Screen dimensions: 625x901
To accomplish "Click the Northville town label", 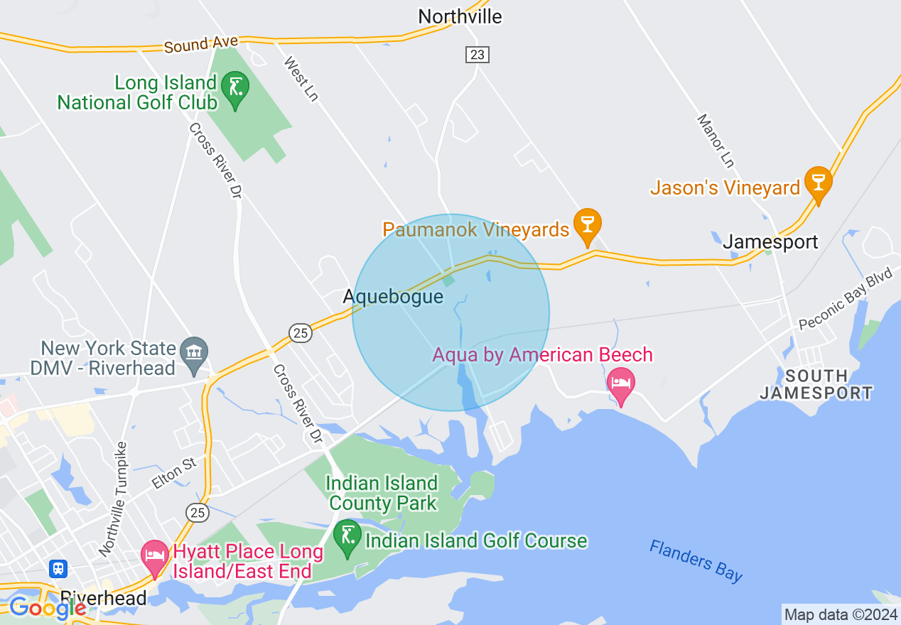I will pos(460,16).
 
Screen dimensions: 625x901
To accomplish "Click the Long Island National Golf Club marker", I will pos(234,89).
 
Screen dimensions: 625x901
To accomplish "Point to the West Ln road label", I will pos(301,78).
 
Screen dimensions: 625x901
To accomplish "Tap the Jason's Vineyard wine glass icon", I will pos(818,183).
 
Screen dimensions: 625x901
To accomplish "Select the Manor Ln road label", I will pos(715,141).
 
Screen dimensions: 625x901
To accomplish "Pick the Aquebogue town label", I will pos(393,296).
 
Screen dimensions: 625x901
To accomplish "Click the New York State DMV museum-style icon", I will pos(193,353).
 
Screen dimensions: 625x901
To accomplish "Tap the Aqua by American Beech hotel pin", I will pos(621,384).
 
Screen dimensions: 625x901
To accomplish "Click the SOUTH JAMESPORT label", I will pos(816,384).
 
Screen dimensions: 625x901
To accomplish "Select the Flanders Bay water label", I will pos(696,560).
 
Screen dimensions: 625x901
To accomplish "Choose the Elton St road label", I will pos(173,474).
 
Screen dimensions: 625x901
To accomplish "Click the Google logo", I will pos(48,608).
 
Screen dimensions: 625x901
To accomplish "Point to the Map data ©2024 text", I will pos(841,614).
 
